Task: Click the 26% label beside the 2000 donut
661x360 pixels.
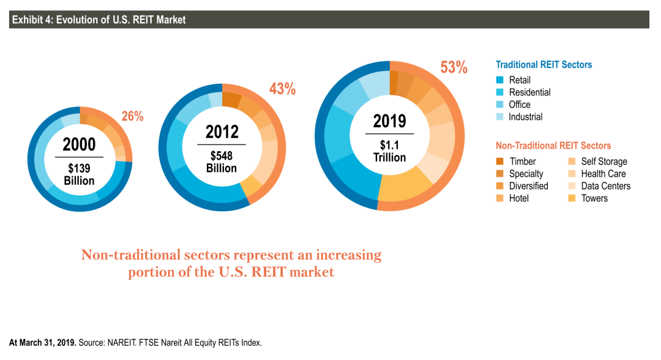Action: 132,116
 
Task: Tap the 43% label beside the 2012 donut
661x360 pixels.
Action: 282,89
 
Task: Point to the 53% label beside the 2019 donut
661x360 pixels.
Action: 454,67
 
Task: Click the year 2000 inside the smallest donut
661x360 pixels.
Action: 79,144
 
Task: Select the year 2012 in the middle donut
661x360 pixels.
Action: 222,132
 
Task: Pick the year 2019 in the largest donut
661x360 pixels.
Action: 389,121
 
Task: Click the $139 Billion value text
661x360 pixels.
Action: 79,174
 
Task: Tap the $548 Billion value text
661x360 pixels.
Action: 222,162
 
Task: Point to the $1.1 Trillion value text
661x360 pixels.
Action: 389,151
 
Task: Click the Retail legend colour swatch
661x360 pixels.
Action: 500,80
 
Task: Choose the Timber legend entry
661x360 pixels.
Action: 516,162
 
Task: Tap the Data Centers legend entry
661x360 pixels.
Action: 599,186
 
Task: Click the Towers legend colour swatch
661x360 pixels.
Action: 572,198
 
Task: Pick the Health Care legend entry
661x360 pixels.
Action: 597,174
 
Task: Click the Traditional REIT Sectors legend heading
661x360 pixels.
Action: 544,64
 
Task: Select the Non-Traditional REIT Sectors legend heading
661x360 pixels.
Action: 553,146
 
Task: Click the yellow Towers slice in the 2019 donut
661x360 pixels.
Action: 404,186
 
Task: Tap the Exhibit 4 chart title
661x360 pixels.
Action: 99,20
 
